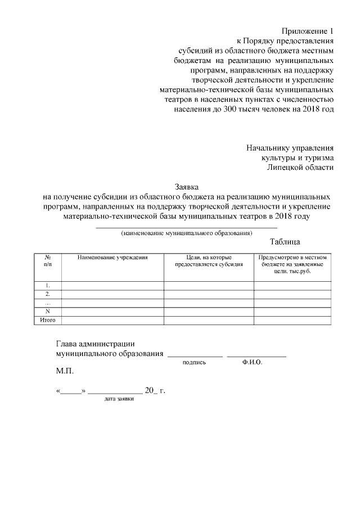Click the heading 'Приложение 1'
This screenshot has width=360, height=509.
308,30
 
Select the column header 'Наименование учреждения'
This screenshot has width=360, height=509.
112,257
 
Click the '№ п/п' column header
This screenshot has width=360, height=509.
48,260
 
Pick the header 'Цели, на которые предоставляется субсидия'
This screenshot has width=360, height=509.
209,260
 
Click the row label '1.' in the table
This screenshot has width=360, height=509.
48,285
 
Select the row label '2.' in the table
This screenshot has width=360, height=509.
48,294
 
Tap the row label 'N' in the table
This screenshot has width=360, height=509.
48,312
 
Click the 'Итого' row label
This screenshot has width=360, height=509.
48,320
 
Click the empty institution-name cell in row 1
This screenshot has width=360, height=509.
112,285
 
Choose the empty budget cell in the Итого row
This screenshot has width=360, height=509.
292,320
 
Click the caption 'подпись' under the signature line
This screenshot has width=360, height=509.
195,363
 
